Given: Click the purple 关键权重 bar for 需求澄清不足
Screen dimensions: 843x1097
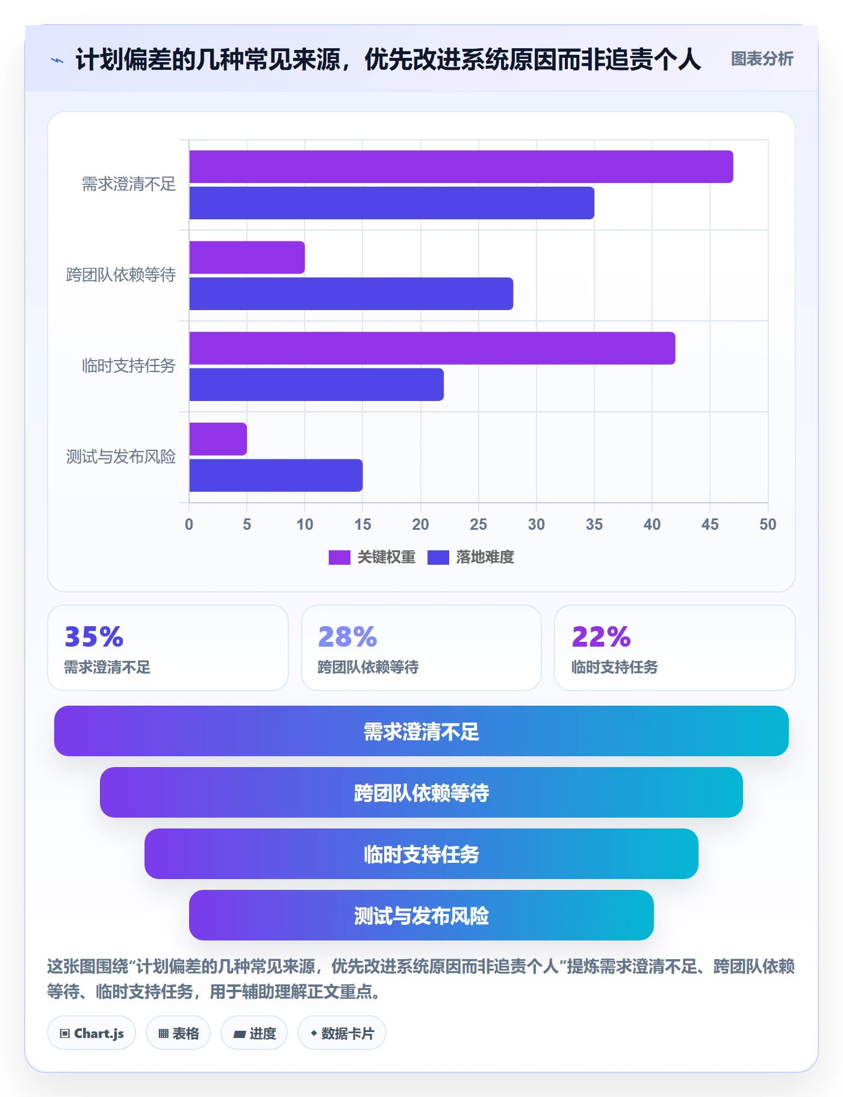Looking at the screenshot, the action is pos(461,167).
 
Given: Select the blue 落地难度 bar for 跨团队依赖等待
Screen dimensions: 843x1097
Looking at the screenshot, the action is pos(351,294).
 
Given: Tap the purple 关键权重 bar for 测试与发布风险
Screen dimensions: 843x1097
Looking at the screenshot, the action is pos(218,439).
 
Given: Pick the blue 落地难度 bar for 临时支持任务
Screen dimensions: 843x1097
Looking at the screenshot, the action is pos(316,385).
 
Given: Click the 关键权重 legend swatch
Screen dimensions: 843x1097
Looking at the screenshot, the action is pos(339,558).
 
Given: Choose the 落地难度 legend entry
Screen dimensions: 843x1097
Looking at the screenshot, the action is pos(471,558).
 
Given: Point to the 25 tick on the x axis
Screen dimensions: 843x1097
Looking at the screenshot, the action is pos(478,524).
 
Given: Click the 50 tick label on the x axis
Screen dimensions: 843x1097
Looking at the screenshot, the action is pos(768,524).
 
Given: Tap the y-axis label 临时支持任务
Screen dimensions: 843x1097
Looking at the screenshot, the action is pos(129,365).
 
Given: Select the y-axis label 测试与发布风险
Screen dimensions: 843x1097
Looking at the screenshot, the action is pos(121,456).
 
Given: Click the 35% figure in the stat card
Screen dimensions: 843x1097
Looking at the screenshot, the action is pos(94,636).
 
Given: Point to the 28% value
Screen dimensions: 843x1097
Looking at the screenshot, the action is pos(347,636).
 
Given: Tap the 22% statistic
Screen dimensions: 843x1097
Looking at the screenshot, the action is pos(601,636).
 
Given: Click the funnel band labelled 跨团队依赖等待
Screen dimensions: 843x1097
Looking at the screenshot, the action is pos(421,792).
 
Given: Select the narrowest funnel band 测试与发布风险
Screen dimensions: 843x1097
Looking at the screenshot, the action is pos(421,915).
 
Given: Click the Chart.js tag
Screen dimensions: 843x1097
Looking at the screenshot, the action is pos(92,1033).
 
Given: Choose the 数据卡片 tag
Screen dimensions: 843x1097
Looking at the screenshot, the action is pos(342,1033).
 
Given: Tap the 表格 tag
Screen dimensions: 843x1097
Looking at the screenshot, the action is pos(178,1033).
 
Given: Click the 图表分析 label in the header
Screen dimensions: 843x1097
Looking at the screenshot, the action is pos(762,59).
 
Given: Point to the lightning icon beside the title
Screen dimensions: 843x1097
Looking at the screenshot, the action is pos(57,60).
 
